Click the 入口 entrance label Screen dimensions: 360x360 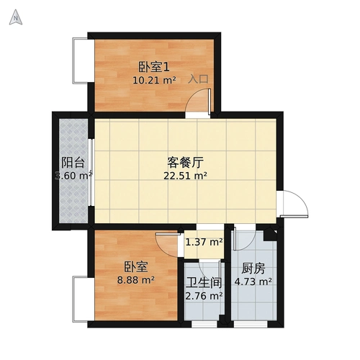[198, 79]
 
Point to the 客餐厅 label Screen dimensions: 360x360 [183, 161]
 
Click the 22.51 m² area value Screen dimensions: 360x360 [186, 175]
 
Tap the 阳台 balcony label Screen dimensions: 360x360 [71, 162]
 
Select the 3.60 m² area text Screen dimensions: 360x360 [73, 175]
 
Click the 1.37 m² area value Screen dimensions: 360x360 [204, 242]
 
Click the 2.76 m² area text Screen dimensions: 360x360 [204, 295]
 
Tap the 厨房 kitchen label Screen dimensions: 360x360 [253, 268]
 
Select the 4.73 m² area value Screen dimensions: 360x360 [253, 282]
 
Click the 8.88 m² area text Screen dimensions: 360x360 [135, 280]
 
